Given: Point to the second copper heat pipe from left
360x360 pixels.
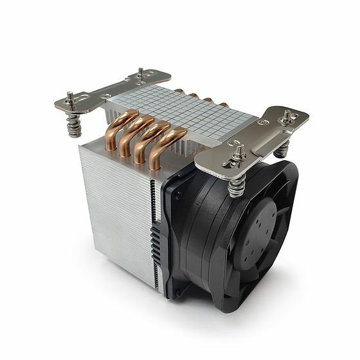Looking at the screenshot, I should [x=132, y=134].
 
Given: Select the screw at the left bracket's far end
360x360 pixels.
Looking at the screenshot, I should [x=140, y=73].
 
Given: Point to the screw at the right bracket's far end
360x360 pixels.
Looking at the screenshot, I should [x=286, y=118].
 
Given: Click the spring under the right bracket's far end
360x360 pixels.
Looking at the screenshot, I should [x=282, y=149].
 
